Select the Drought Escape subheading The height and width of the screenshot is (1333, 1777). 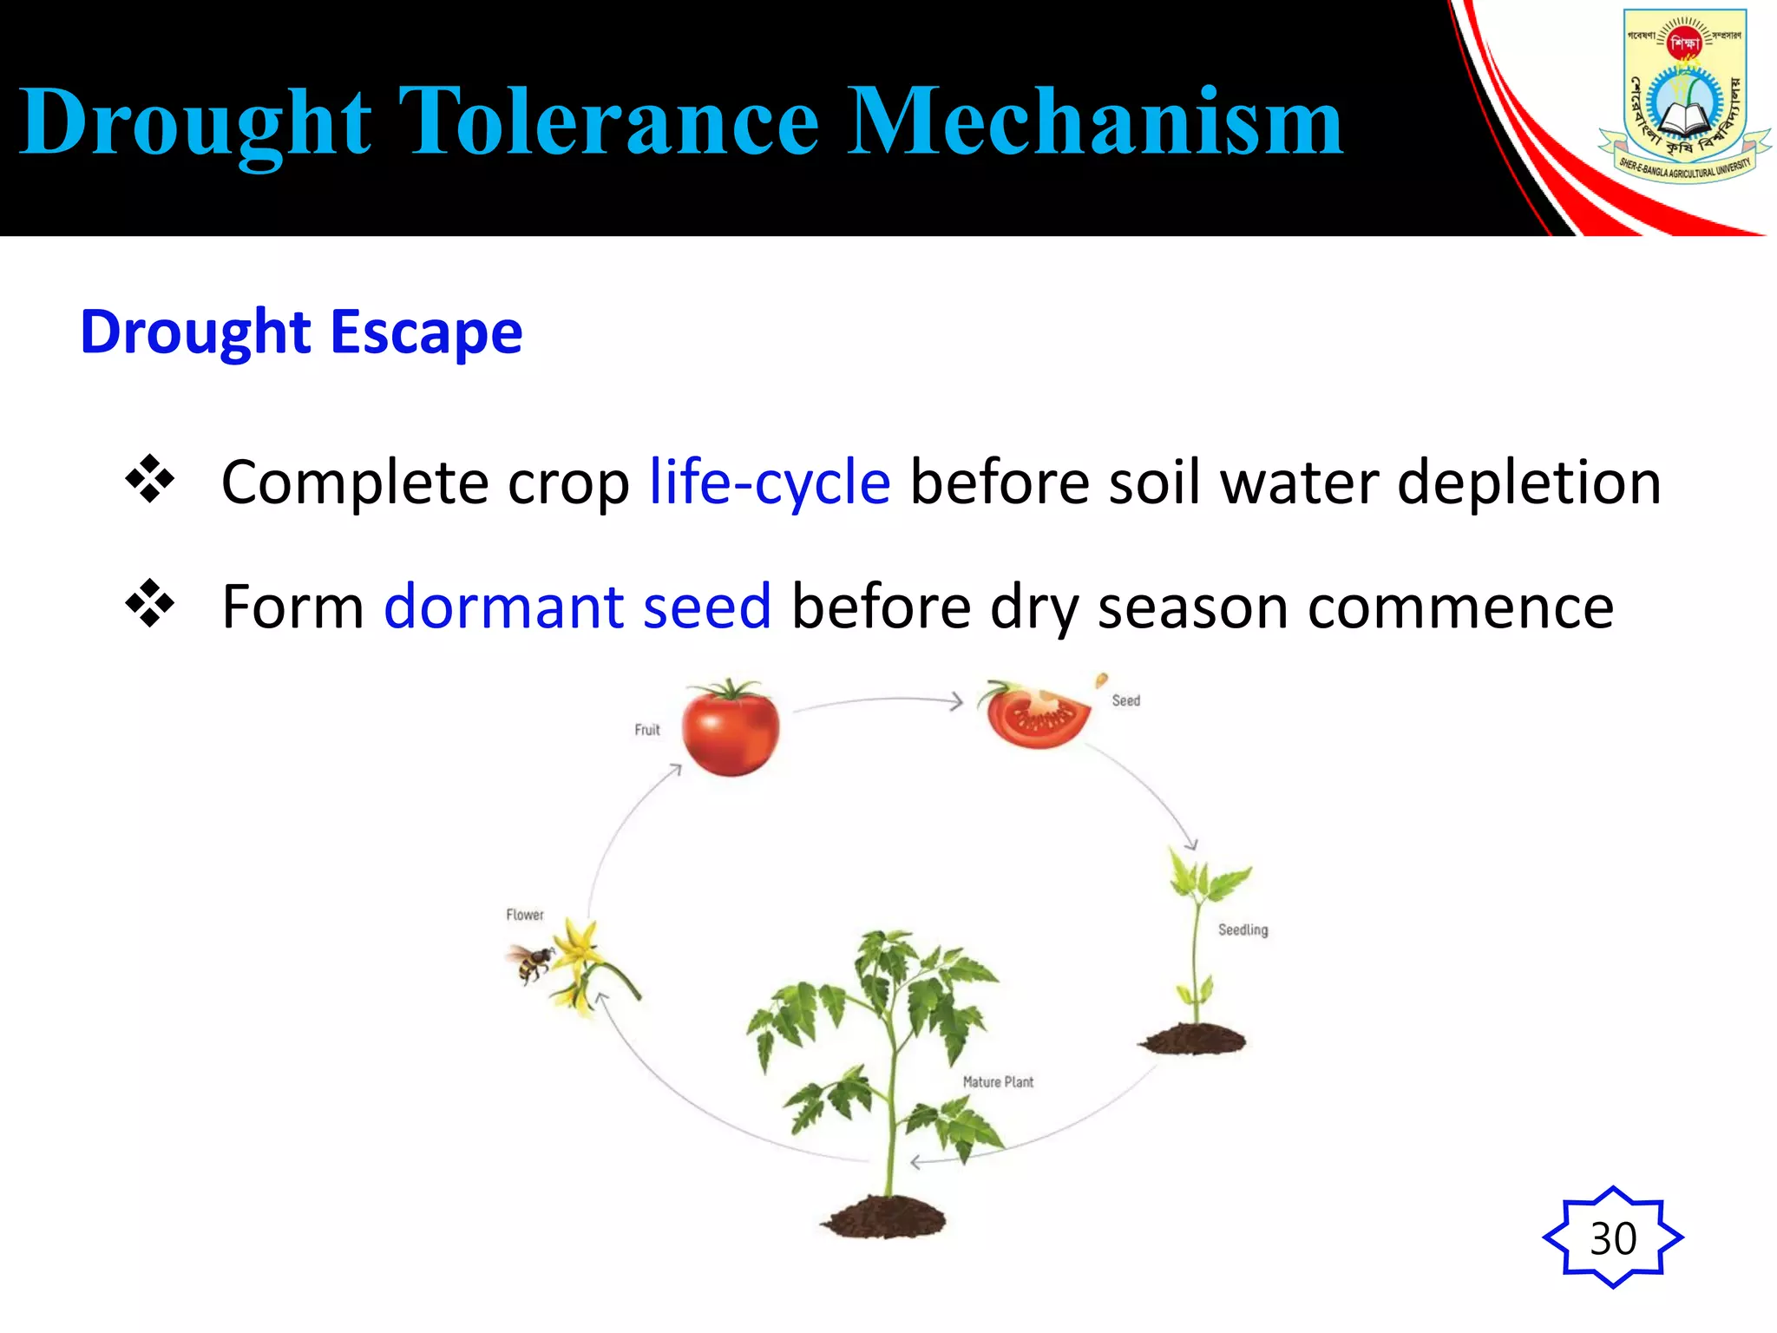pyautogui.click(x=301, y=333)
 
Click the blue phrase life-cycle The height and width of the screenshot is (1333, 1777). pyautogui.click(x=770, y=483)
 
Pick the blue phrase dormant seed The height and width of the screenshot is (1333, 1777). pyautogui.click(x=577, y=607)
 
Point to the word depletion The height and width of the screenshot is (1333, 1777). pyautogui.click(x=1529, y=483)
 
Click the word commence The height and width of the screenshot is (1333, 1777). pyautogui.click(x=1460, y=607)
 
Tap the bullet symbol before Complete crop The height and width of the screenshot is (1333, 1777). pyautogui.click(x=150, y=479)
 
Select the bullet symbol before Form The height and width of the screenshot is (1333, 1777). pyautogui.click(x=150, y=603)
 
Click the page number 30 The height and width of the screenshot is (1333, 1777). pyautogui.click(x=1612, y=1238)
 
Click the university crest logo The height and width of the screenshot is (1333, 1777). pyautogui.click(x=1683, y=95)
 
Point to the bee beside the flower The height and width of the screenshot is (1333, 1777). pyautogui.click(x=529, y=962)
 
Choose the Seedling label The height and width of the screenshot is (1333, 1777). pyautogui.click(x=1243, y=930)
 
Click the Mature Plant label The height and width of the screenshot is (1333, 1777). pyautogui.click(x=998, y=1082)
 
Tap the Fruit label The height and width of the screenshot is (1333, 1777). pyautogui.click(x=646, y=730)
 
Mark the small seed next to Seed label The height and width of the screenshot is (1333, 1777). pyautogui.click(x=1101, y=680)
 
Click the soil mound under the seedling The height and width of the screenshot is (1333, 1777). pyautogui.click(x=1193, y=1039)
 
